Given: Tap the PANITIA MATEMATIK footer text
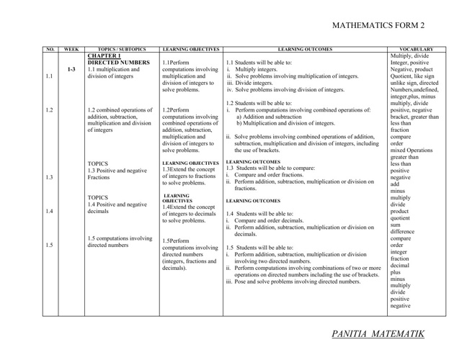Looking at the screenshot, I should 378,333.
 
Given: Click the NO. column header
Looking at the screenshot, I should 50,49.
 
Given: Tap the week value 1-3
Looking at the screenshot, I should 71,70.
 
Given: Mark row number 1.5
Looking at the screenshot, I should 49,246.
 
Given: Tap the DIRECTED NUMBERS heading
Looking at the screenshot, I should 117,62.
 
